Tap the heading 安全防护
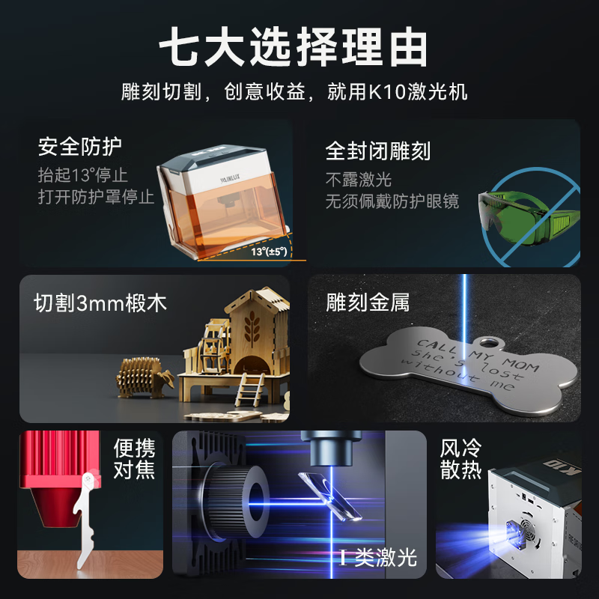click(x=80, y=147)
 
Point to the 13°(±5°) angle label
click(x=268, y=252)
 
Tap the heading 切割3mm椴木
click(x=100, y=303)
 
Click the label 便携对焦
click(x=135, y=459)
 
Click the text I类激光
click(x=377, y=559)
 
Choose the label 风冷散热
click(x=460, y=459)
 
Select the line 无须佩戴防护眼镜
click(x=392, y=201)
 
